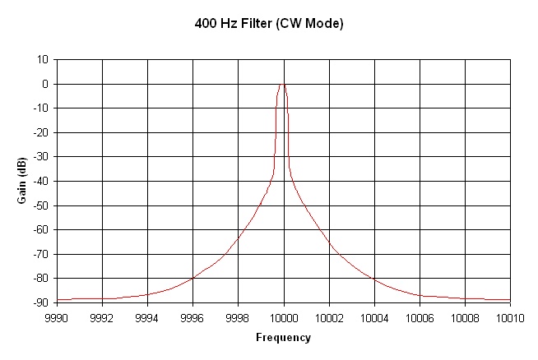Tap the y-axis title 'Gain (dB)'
point(26,181)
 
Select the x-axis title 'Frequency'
point(283,337)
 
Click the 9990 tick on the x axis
point(57,316)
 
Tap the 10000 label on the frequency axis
point(284,316)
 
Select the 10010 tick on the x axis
point(510,316)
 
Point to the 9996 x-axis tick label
point(192,316)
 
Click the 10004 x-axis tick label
point(374,316)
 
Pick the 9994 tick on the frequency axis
point(147,316)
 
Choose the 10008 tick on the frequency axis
point(465,316)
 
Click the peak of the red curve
point(283,83)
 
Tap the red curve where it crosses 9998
point(238,238)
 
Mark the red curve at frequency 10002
point(329,242)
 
